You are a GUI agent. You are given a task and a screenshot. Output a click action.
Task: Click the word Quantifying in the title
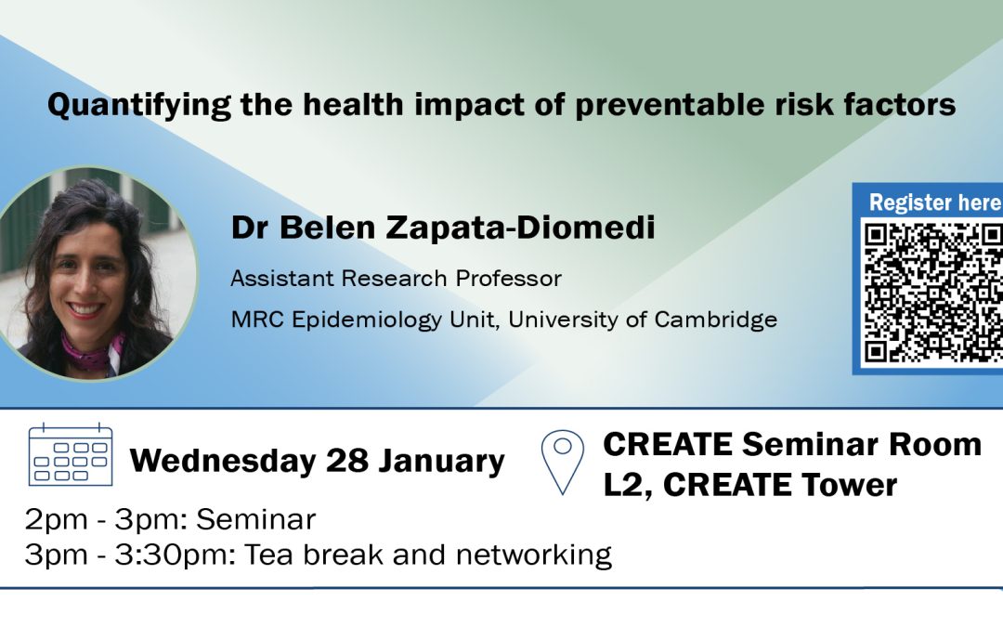(x=139, y=105)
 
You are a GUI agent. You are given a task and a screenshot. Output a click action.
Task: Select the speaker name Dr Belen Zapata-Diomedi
(x=443, y=228)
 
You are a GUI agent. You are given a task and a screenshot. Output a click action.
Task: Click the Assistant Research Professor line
(x=396, y=279)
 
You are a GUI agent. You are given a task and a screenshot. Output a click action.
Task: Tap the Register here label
(x=935, y=202)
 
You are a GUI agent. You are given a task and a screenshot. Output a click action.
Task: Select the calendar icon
(x=71, y=454)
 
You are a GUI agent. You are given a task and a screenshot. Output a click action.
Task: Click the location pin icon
(x=562, y=462)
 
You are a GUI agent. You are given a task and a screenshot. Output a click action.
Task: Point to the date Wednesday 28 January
(x=318, y=461)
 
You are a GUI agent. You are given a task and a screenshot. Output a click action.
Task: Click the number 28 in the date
(x=346, y=460)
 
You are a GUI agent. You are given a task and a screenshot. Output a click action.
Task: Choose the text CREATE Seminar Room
(x=792, y=444)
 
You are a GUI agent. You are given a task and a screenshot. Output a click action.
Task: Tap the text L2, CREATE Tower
(x=750, y=485)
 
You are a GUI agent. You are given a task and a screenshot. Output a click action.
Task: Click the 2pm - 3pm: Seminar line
(x=170, y=519)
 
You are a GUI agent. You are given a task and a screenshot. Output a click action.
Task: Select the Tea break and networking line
(x=319, y=555)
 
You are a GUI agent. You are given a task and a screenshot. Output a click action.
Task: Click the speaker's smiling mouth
(x=87, y=309)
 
